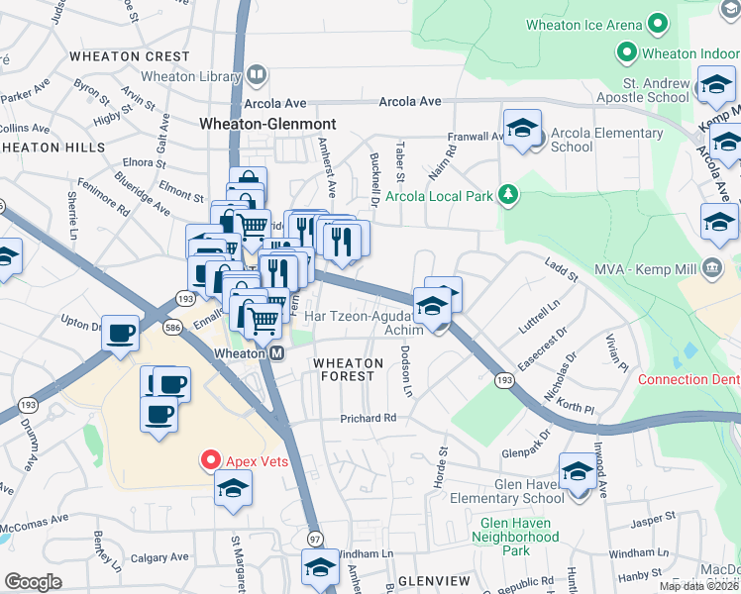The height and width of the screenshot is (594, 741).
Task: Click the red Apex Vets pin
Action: pos(210,459)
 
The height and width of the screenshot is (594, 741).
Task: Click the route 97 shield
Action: pos(315,538)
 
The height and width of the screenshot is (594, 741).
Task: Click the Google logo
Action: pos(33,581)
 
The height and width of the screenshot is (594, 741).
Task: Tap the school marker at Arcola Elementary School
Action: pos(522,129)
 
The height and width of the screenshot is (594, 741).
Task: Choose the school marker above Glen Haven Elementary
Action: pos(577,472)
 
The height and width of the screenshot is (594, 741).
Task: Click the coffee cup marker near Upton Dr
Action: pos(121,333)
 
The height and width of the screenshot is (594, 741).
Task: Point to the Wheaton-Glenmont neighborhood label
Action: pos(267,125)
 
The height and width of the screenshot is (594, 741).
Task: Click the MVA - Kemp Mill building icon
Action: pos(711,267)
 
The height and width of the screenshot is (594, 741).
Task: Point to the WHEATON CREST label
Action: pos(129,56)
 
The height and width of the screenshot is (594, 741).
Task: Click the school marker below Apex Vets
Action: pos(234,489)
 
